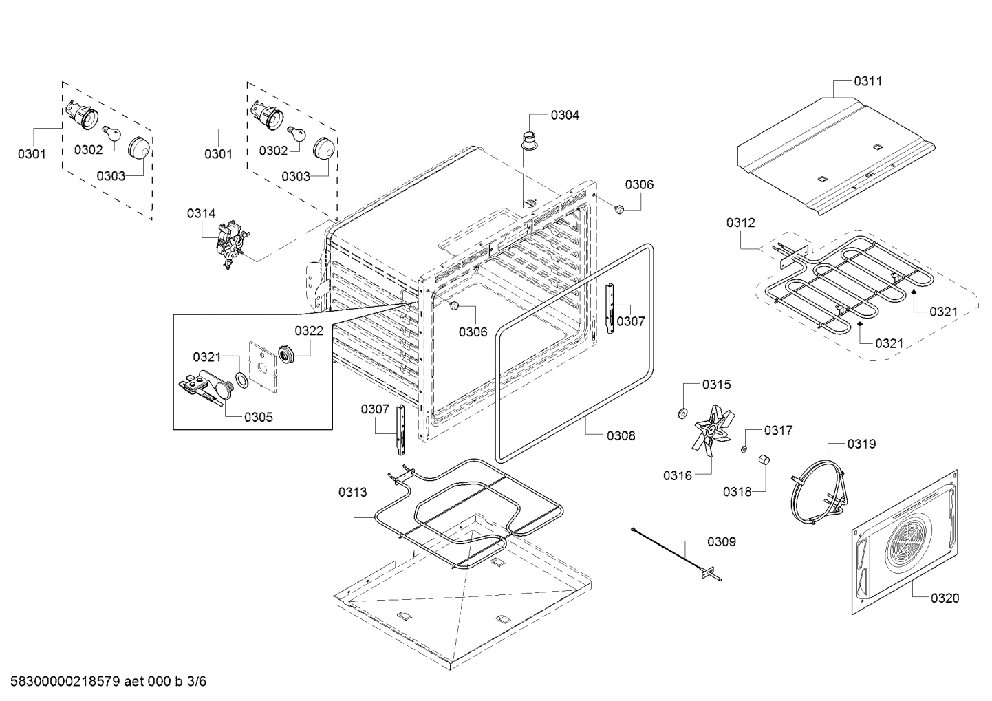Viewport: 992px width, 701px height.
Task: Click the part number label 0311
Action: click(867, 81)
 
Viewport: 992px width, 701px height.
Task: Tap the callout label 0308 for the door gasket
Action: click(621, 435)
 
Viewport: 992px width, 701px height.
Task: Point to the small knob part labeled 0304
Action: click(530, 139)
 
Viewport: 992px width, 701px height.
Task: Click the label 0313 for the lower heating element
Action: click(352, 492)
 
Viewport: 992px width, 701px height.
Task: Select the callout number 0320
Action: click(945, 598)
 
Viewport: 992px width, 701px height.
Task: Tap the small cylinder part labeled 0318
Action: click(764, 460)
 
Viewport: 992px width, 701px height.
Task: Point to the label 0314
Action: click(201, 214)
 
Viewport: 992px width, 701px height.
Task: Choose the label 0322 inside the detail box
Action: click(309, 331)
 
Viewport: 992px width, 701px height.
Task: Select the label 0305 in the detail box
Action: click(258, 417)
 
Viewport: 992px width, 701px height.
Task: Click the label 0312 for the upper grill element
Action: click(740, 223)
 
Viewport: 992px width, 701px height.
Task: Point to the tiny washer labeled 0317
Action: click(744, 449)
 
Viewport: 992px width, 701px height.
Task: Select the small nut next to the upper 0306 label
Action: click(618, 208)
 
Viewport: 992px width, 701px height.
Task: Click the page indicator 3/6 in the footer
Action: click(196, 682)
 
